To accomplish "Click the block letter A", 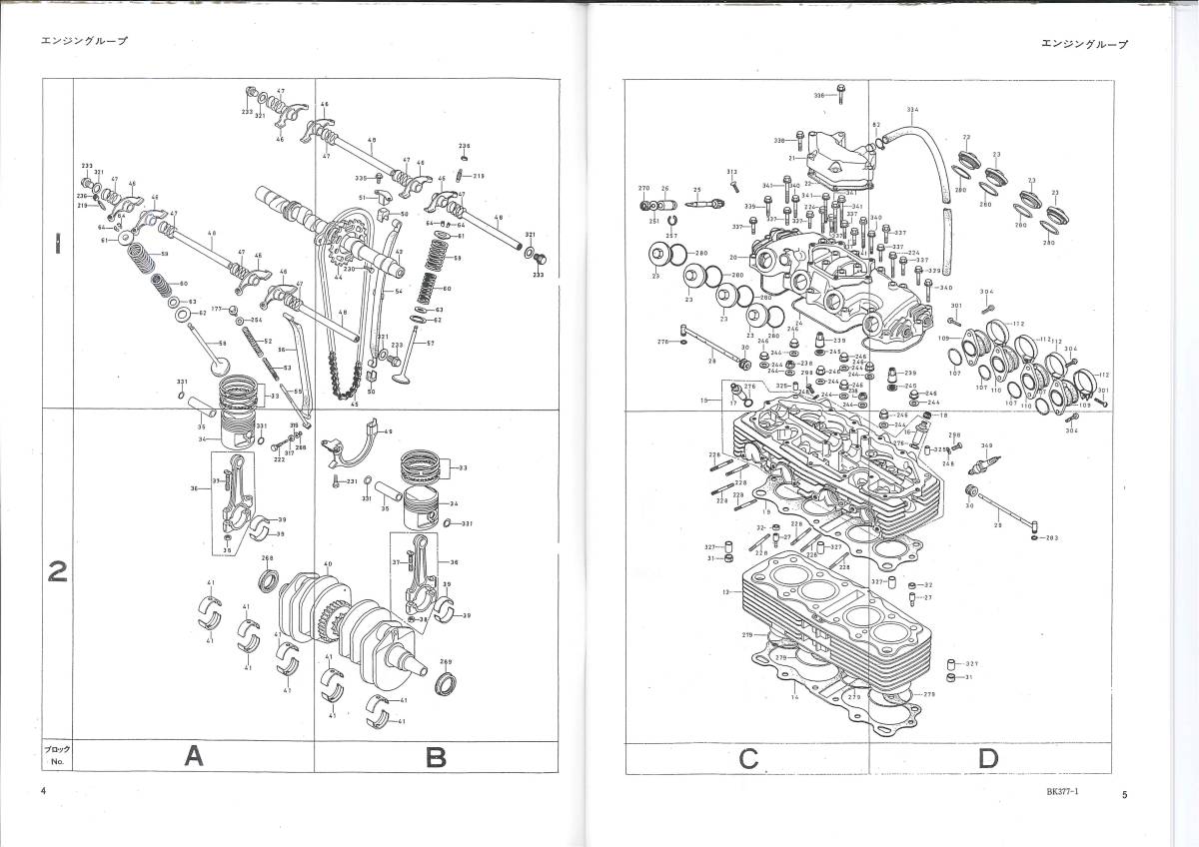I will (195, 757).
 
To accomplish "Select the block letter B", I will (436, 757).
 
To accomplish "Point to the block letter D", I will (988, 759).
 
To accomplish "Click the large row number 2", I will (58, 572).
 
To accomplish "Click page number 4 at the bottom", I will (44, 791).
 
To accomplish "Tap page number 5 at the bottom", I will (1125, 795).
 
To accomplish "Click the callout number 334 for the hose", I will (911, 109).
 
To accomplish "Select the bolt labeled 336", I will (841, 96).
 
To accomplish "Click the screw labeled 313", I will (734, 185).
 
